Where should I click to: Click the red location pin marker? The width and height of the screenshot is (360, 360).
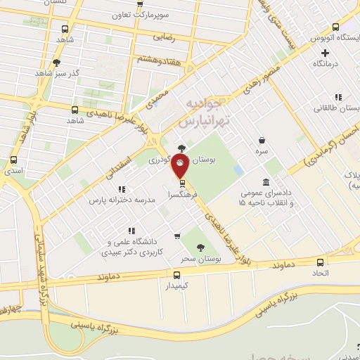181,165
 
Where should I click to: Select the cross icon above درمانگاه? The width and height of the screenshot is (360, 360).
325,53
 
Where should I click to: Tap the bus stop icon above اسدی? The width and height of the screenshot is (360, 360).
15,160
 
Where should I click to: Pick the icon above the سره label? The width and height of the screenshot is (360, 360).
262,140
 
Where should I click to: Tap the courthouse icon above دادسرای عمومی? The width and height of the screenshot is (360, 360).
265,182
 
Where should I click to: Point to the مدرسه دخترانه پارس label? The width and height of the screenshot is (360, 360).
120,200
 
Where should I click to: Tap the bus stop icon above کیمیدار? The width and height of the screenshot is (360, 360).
176,276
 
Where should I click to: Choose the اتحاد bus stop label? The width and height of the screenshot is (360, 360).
321,274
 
